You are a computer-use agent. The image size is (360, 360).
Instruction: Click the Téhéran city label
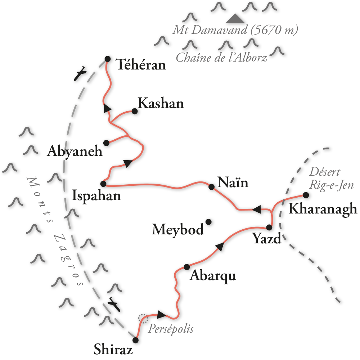[x=141, y=65]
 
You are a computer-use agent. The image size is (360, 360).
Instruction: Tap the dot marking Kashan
[x=135, y=111]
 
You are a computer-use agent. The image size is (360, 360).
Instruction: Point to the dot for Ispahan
[x=103, y=184]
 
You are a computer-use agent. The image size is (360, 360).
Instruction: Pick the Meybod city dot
[x=208, y=222]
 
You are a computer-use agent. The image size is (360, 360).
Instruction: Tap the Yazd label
[x=266, y=238]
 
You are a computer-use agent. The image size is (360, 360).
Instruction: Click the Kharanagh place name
[x=323, y=209]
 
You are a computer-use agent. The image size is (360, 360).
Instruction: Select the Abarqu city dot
[x=187, y=267]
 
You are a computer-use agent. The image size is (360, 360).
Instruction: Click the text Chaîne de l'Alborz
[x=222, y=58]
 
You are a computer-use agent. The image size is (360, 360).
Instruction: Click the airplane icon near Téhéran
[x=80, y=74]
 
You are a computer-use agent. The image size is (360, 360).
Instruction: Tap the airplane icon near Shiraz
[x=114, y=303]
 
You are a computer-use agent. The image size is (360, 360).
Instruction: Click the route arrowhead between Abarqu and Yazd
[x=220, y=246]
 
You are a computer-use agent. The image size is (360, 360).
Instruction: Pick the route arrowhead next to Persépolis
[x=162, y=315]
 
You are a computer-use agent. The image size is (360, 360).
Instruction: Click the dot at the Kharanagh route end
[x=306, y=195]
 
